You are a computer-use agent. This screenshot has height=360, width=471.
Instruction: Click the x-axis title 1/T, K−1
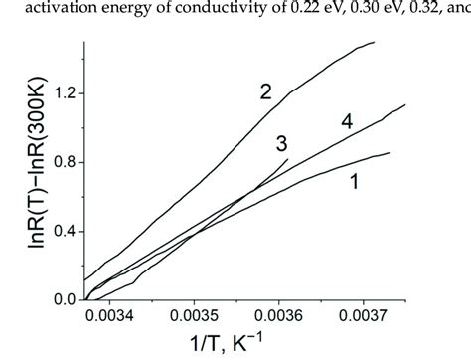pos(259,347)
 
